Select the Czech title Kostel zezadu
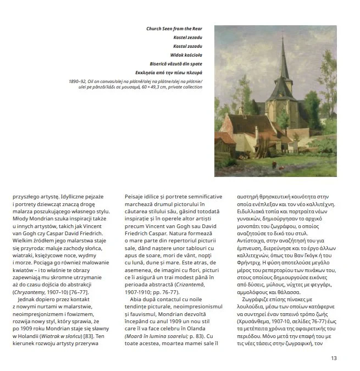click(188, 37)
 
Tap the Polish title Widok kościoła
click(187, 54)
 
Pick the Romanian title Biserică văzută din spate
click(175, 63)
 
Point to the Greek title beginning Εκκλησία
click(169, 72)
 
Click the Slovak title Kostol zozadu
click(188, 46)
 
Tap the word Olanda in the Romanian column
click(209, 328)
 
